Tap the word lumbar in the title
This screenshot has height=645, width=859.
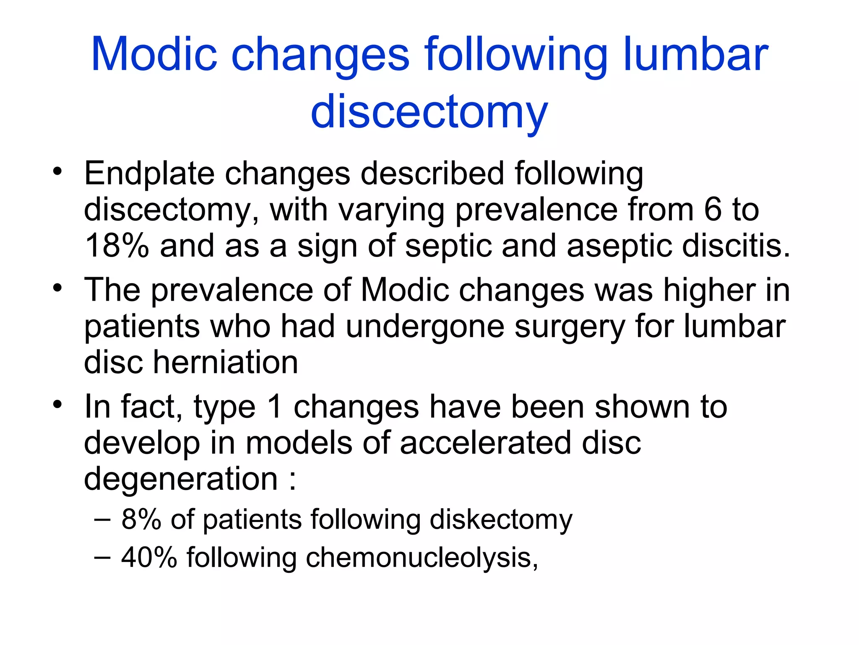(x=696, y=54)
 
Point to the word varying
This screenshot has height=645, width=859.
(x=392, y=210)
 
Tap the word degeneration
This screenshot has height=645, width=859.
(x=181, y=479)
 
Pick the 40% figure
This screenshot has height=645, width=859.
(x=149, y=557)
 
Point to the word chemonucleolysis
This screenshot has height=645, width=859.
(x=421, y=558)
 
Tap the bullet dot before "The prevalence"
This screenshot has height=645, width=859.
(x=57, y=288)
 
